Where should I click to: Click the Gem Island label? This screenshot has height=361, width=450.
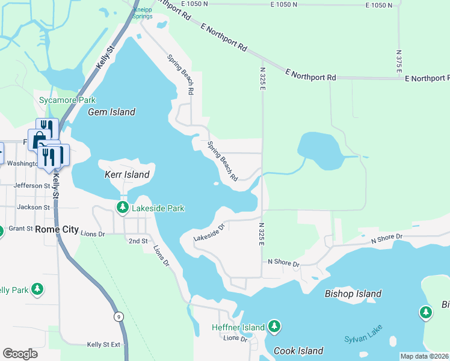click(111, 112)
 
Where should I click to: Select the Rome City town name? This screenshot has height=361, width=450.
click(57, 229)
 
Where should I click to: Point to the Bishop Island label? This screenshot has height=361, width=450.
click(353, 294)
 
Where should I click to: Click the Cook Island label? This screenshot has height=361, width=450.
click(298, 351)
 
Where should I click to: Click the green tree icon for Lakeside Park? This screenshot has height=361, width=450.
click(122, 208)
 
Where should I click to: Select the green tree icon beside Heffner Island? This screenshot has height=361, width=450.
click(274, 327)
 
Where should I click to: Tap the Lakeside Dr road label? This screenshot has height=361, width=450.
click(209, 233)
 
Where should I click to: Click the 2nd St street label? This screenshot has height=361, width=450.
click(138, 241)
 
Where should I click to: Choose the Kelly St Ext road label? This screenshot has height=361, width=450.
click(103, 344)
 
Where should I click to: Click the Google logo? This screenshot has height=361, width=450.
click(20, 354)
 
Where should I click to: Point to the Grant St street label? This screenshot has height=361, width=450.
click(20, 229)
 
